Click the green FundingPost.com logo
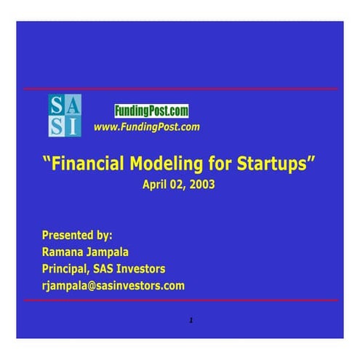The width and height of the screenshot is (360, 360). click(x=151, y=111)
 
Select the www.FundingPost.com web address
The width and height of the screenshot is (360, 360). click(x=146, y=127)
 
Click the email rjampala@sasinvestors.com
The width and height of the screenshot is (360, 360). click(x=113, y=286)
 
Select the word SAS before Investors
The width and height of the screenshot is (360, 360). click(x=106, y=268)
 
